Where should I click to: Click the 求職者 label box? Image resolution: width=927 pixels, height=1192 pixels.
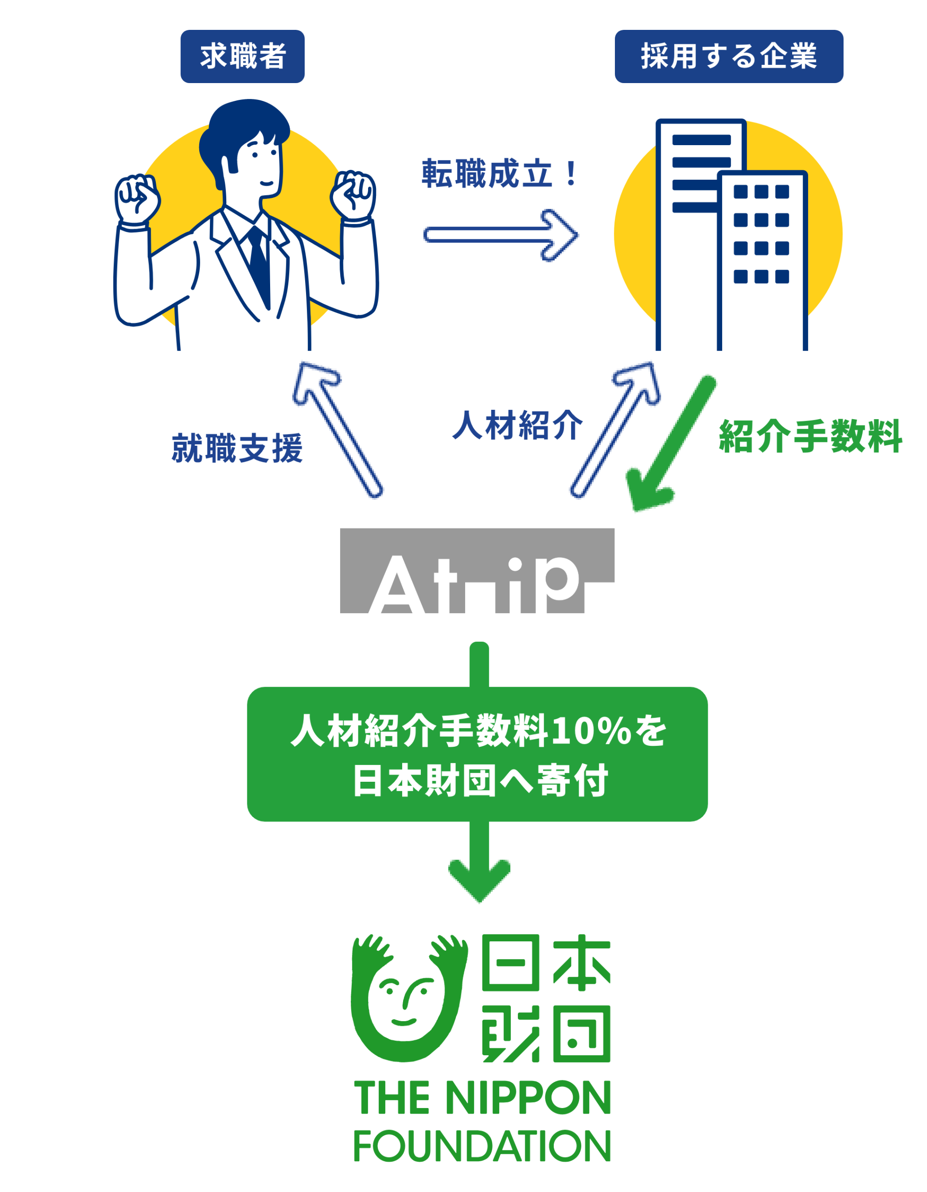(x=242, y=56)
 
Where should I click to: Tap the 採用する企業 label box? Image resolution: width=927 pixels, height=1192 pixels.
(x=728, y=56)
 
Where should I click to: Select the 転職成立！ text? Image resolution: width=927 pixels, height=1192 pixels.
(x=499, y=174)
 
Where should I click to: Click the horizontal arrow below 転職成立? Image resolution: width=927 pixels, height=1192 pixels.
(x=500, y=235)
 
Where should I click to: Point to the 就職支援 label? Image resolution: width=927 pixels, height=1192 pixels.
(x=237, y=449)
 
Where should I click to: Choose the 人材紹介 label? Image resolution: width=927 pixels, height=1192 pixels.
(x=517, y=425)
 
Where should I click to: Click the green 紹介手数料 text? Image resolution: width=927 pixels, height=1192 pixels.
(x=810, y=437)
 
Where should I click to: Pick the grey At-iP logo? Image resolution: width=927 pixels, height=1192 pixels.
(x=477, y=571)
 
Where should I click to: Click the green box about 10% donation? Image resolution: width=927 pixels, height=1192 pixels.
(x=477, y=755)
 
